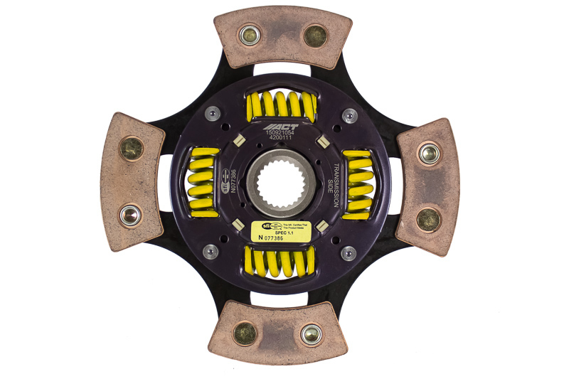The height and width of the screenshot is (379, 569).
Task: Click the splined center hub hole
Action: click(x=282, y=183)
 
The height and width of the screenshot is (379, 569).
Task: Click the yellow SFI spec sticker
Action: click(x=282, y=231)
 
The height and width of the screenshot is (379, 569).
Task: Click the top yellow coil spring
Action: click(x=282, y=106)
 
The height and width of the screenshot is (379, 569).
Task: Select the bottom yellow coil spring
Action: click(x=280, y=262)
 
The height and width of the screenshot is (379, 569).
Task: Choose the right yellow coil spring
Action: click(x=358, y=184)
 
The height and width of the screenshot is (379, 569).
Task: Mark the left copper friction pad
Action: click(x=132, y=183)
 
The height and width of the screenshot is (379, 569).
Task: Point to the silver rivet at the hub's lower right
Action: click(x=349, y=252)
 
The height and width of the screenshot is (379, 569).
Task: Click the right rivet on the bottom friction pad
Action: click(x=311, y=333)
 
